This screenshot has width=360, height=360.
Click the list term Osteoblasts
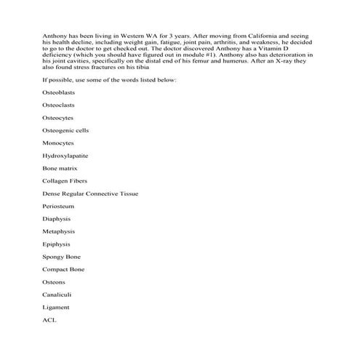[x=57, y=92]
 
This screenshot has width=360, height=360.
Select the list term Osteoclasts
[x=57, y=105]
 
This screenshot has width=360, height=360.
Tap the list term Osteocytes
[x=57, y=117]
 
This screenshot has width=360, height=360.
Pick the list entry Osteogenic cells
[x=65, y=130]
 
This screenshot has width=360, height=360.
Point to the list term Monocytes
[x=57, y=143]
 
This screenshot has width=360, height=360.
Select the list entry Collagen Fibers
[x=65, y=180]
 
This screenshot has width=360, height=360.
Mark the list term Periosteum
[x=57, y=206]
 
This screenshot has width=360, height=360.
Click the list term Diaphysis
[x=57, y=218]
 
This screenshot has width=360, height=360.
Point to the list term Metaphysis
[x=58, y=231]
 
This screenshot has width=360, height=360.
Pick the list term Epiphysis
[x=57, y=244]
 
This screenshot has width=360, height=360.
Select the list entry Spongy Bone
[x=61, y=257]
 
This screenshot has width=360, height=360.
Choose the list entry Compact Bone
[x=63, y=269]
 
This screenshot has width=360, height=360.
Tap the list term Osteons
[x=54, y=281]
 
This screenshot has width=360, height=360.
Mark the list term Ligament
[x=56, y=307]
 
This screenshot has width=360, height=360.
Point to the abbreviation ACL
[x=49, y=319]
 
